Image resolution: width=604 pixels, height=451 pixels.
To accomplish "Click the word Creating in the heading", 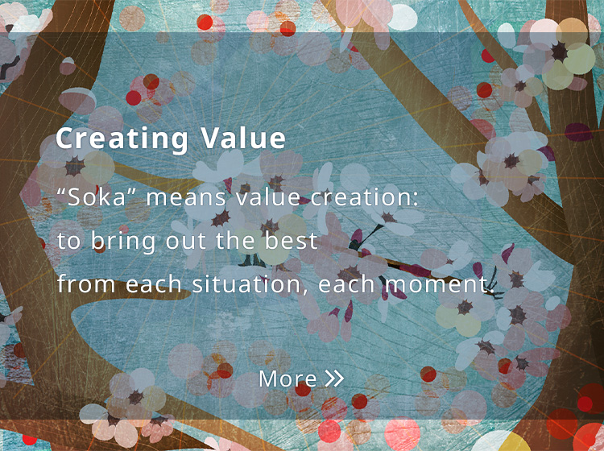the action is point(122,139).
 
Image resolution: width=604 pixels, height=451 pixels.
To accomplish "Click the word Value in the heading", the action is point(243,138).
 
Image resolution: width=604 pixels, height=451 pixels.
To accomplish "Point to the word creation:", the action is point(364,197).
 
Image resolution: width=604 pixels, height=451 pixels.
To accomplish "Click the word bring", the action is point(123,242).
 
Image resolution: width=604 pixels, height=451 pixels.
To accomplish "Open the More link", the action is point(301,379).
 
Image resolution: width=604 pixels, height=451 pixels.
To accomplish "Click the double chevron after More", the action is point(334,379).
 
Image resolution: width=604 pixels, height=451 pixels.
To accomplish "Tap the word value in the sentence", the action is point(267,197).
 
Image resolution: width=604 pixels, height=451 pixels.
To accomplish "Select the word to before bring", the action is point(69,242).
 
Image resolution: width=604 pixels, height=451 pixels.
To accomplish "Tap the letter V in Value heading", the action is point(210,138).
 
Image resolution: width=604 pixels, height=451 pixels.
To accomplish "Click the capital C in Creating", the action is point(65,138).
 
